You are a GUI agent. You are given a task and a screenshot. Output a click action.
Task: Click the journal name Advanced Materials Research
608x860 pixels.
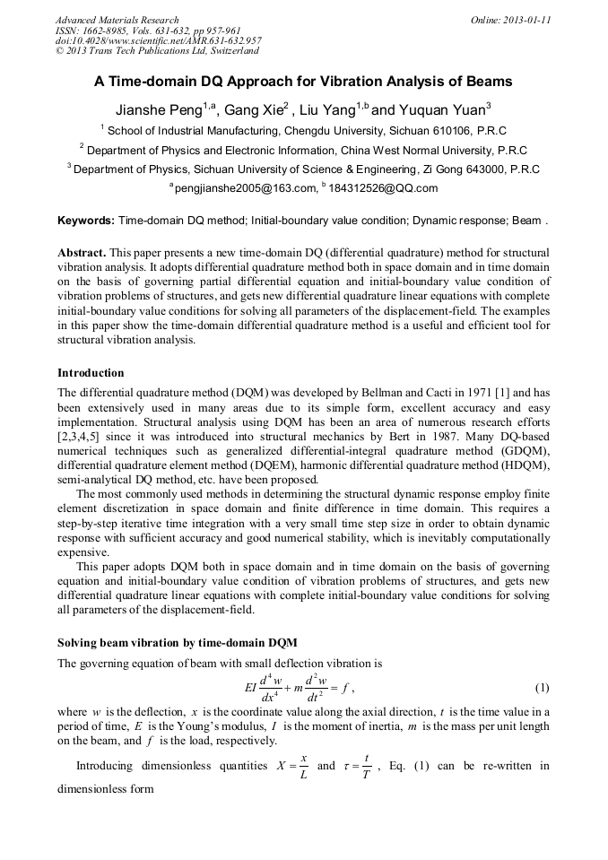click(x=117, y=20)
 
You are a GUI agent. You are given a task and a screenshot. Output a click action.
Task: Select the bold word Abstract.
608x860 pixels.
click(x=83, y=254)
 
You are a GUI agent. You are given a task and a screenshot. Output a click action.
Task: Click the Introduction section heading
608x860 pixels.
click(x=91, y=372)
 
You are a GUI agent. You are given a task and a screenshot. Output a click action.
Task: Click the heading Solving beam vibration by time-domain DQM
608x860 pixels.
click(x=178, y=643)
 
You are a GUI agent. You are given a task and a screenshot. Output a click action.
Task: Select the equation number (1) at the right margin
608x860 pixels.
click(x=542, y=688)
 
